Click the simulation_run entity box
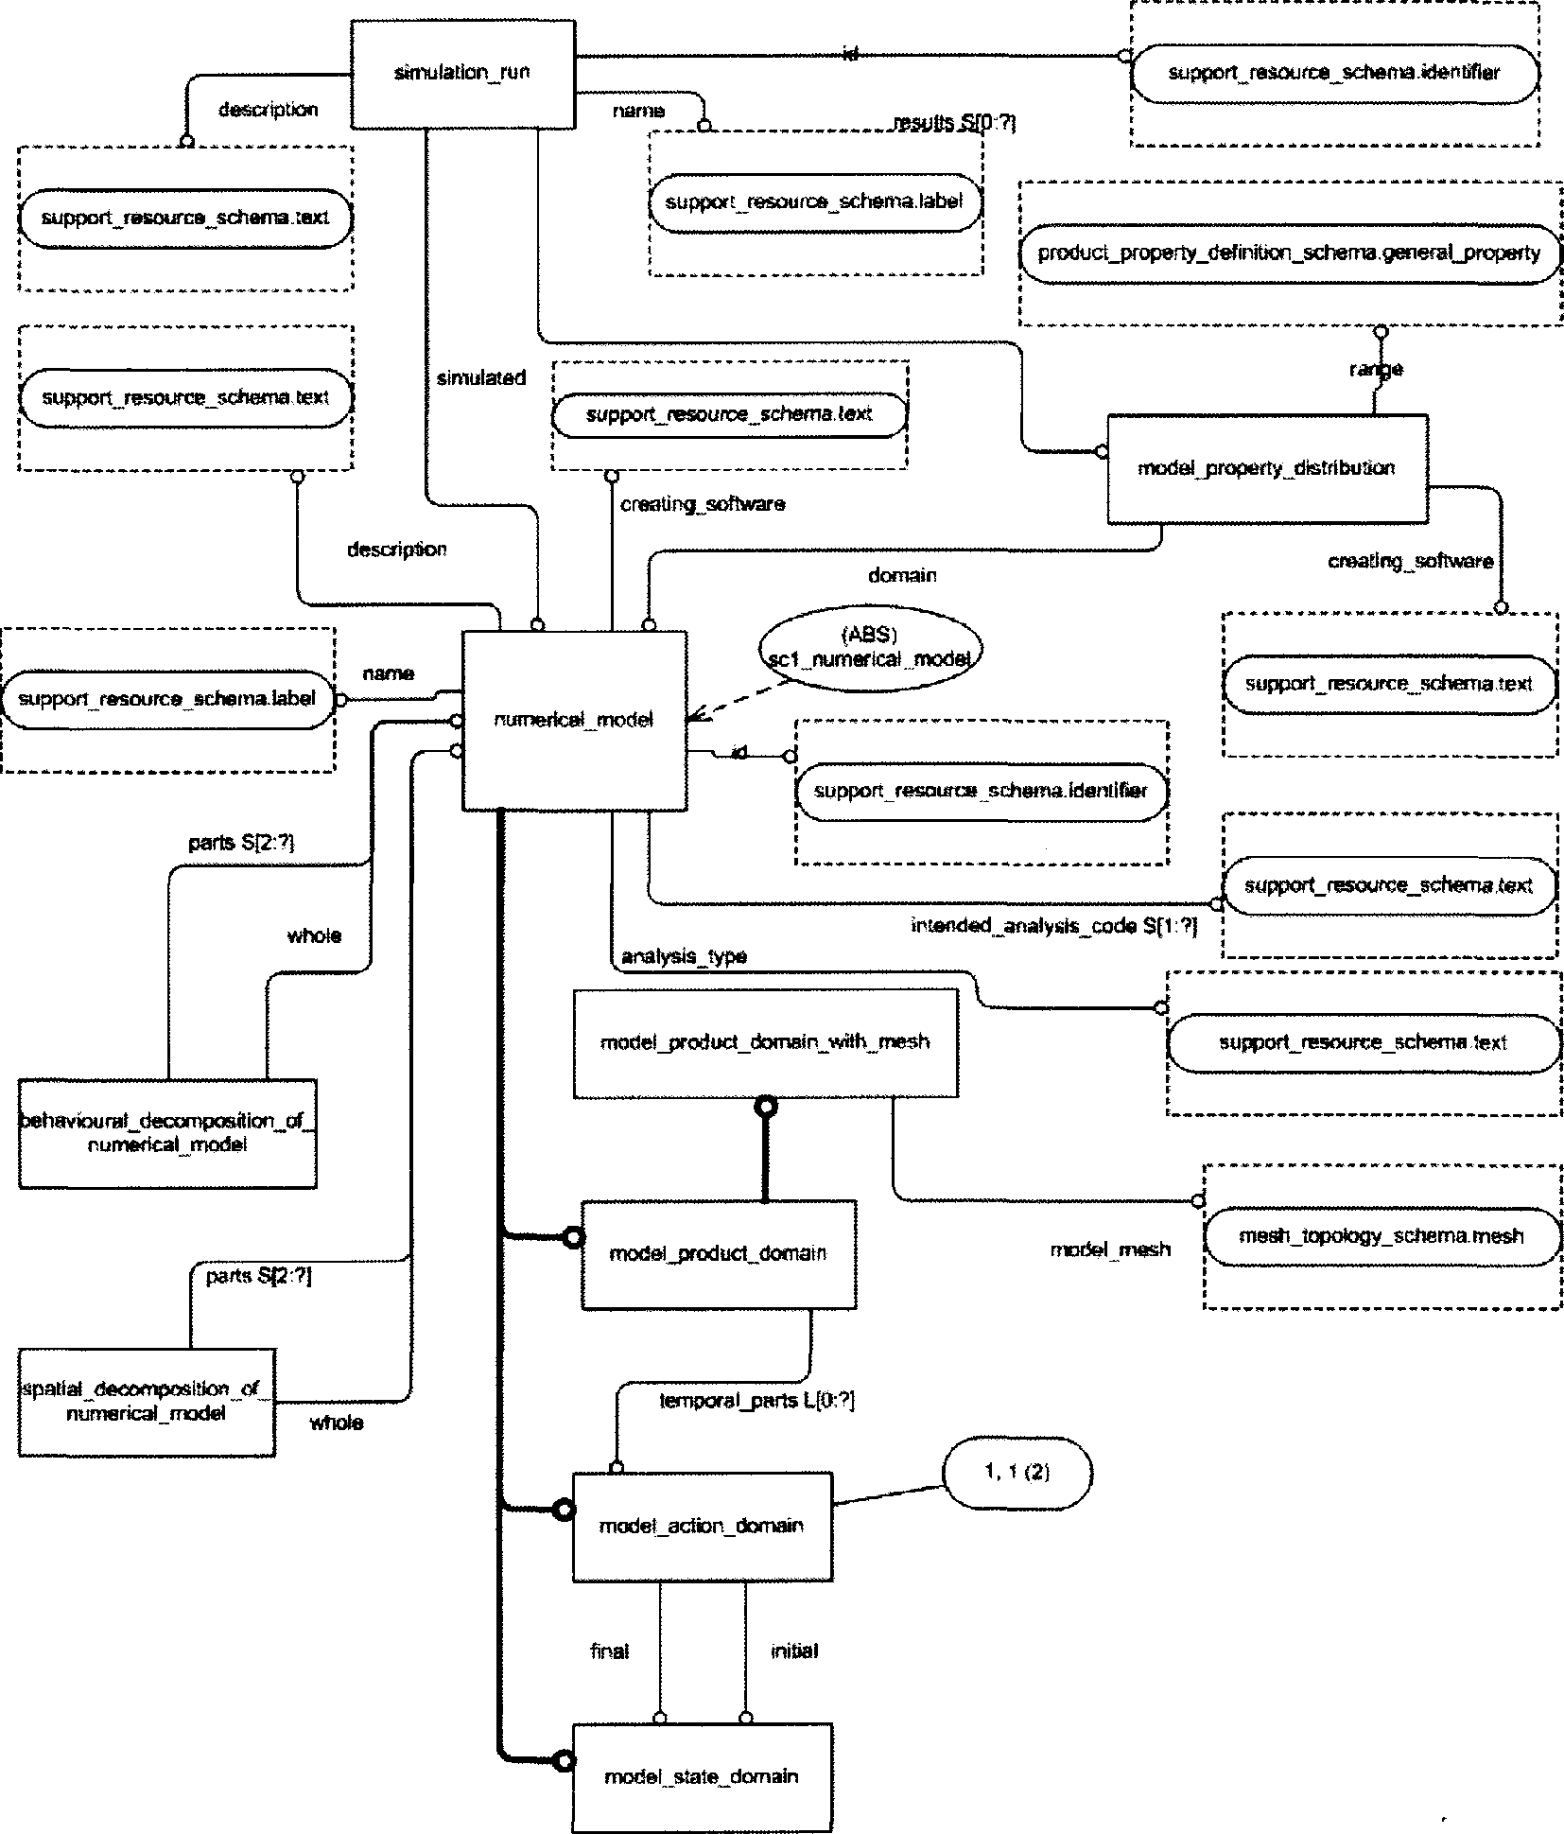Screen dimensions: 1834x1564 point(462,74)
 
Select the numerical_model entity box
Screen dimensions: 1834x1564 point(574,721)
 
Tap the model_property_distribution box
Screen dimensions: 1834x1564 point(1266,468)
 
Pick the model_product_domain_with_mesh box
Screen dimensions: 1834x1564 point(765,1042)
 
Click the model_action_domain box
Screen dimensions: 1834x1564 point(702,1526)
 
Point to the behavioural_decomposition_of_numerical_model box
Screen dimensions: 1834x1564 point(167,1133)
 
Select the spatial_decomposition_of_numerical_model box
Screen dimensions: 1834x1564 point(147,1402)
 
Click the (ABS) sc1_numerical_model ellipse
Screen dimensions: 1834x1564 point(870,648)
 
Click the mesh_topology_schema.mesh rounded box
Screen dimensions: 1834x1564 point(1381,1236)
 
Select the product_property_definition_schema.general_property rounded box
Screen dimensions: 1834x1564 point(1290,253)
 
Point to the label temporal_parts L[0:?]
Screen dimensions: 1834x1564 point(756,1401)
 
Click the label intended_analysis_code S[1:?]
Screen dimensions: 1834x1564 point(1053,926)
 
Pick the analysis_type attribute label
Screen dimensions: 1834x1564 point(684,956)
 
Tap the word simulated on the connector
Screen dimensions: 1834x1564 point(480,378)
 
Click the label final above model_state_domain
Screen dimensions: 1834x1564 point(609,1651)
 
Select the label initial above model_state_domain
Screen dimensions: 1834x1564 point(793,1651)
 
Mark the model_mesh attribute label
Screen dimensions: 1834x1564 point(1110,1249)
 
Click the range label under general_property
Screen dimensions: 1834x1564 point(1376,369)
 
